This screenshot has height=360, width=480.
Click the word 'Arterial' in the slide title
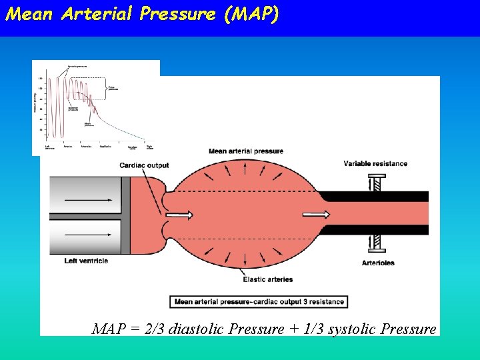[98, 14]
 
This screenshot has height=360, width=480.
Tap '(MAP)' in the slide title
[251, 14]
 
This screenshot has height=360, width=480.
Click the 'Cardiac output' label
[144, 165]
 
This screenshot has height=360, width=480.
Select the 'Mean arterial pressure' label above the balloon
[246, 151]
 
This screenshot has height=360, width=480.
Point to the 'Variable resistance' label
[375, 163]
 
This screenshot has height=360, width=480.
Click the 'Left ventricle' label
[87, 261]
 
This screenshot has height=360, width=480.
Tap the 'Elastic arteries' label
[268, 279]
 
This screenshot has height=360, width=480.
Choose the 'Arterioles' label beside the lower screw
[377, 263]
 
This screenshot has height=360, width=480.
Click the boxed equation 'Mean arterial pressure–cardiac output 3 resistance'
[259, 302]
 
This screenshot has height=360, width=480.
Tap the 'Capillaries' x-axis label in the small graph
[105, 146]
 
